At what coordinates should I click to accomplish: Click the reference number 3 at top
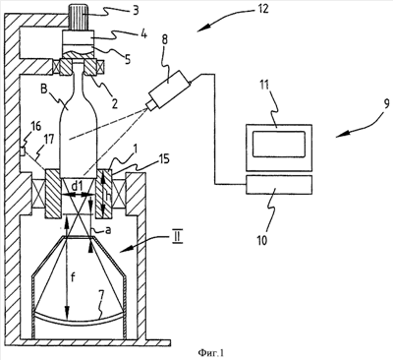click(x=135, y=10)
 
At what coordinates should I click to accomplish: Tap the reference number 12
click(x=261, y=8)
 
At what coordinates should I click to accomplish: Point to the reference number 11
click(x=272, y=86)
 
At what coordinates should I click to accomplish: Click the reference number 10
click(x=262, y=240)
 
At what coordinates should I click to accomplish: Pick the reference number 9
click(x=386, y=104)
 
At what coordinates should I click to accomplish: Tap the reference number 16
click(x=35, y=126)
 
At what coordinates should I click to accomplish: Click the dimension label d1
click(x=77, y=186)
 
